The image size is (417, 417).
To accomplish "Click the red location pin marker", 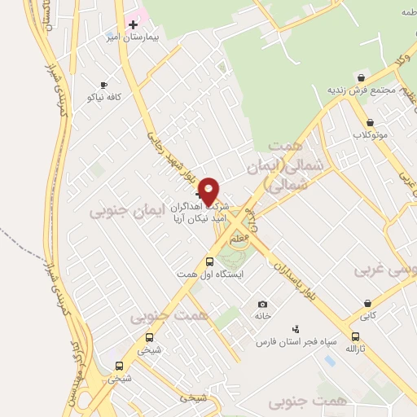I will [x=209, y=191].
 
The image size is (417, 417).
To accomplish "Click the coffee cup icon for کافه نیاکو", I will [x=103, y=85].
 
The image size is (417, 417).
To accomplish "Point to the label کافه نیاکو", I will [x=104, y=97].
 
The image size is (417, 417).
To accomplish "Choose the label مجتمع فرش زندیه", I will [x=361, y=89].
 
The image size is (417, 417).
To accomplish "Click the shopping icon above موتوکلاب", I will [x=371, y=122].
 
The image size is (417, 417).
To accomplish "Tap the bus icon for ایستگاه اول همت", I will [x=210, y=261].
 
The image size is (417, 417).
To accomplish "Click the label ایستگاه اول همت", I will [x=210, y=274].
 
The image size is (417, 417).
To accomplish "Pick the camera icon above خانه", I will [x=262, y=303].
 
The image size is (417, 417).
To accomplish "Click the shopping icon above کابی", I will [x=368, y=304].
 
